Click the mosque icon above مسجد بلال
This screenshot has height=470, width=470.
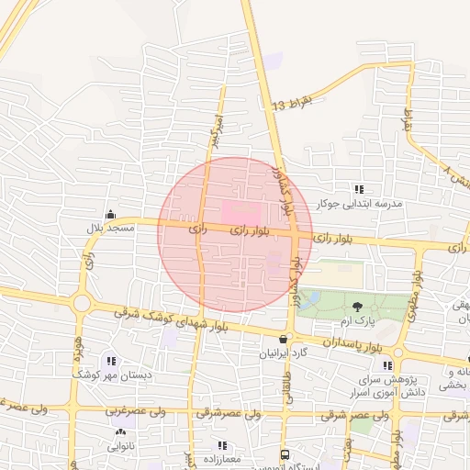point(110,214)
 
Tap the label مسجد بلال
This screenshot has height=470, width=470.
point(110,227)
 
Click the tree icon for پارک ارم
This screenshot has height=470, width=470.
point(356,307)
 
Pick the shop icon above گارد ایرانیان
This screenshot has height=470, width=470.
point(283,340)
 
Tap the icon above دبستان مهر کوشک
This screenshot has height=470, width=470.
point(111,362)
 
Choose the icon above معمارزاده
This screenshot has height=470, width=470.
point(222,445)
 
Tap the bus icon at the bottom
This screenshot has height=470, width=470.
point(285,454)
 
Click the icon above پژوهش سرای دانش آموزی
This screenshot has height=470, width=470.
point(398,366)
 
